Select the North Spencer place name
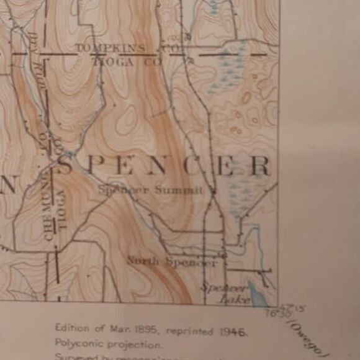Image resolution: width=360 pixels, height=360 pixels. point(172,262)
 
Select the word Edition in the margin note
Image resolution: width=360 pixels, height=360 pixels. point(71,328)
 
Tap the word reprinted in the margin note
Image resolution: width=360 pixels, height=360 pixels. point(194,330)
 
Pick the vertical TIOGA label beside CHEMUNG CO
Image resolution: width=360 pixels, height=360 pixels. point(61,210)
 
